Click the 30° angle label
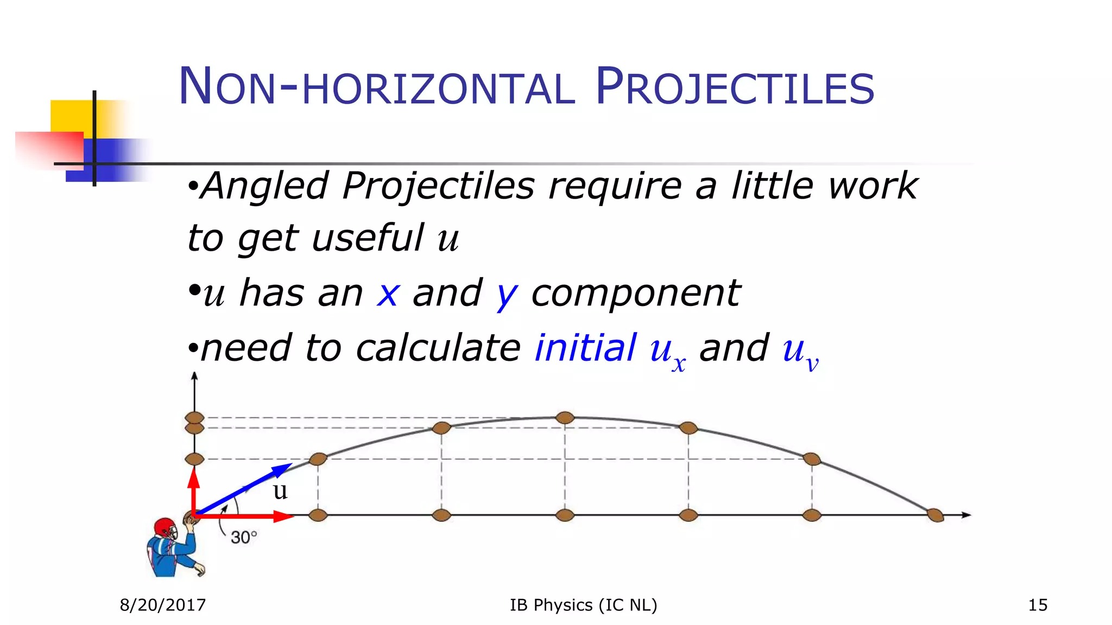(243, 537)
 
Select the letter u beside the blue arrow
(280, 491)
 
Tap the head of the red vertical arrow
(194, 476)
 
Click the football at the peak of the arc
(565, 418)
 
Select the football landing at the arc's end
(935, 515)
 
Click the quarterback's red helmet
(165, 527)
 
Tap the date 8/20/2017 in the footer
(163, 605)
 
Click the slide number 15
(1038, 605)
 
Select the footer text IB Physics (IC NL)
(583, 605)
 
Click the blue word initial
(585, 348)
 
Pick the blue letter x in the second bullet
(388, 294)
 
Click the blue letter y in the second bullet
(507, 296)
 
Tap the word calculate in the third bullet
(438, 348)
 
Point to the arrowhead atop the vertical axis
(194, 375)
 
